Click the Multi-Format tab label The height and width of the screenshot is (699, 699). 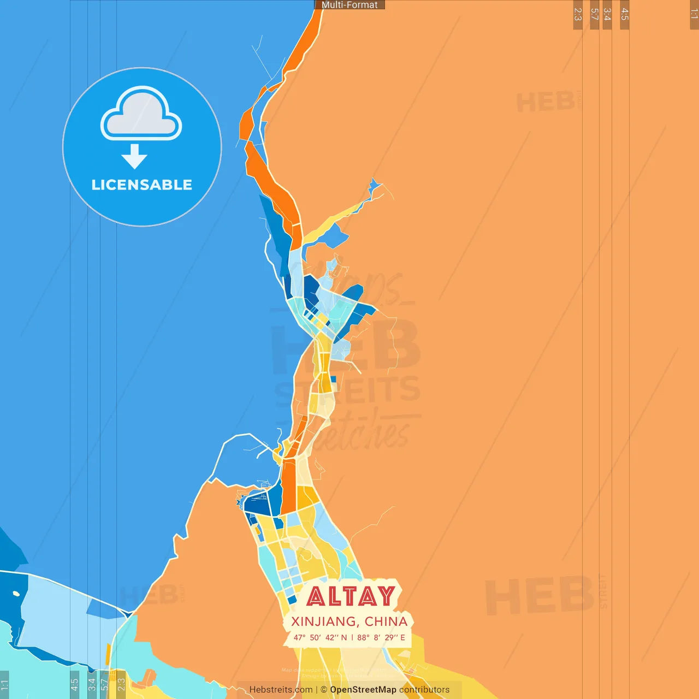tap(349, 5)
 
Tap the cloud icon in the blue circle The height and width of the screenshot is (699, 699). tap(141, 114)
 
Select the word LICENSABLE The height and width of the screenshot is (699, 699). tap(142, 185)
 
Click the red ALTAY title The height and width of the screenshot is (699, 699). tap(351, 596)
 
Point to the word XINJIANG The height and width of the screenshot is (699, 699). tap(324, 621)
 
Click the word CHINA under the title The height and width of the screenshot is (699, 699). tap(386, 621)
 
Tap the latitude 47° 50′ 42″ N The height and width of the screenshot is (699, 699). tap(320, 637)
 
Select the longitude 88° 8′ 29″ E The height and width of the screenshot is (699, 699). tap(381, 637)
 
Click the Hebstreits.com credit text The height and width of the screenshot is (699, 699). tap(281, 690)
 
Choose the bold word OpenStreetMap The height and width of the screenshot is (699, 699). tap(363, 690)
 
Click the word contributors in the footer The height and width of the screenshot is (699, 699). tap(424, 690)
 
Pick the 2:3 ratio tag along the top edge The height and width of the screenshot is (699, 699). tap(578, 14)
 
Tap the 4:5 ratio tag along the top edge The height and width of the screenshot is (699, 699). tap(625, 14)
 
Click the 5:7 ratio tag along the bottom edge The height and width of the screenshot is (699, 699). tap(104, 684)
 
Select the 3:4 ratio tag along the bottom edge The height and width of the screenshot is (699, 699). tap(91, 684)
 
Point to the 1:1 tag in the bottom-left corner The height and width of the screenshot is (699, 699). tap(4, 685)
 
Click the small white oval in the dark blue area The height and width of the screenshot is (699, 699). tap(16, 594)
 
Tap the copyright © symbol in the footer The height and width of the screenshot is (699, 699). tap(324, 690)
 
